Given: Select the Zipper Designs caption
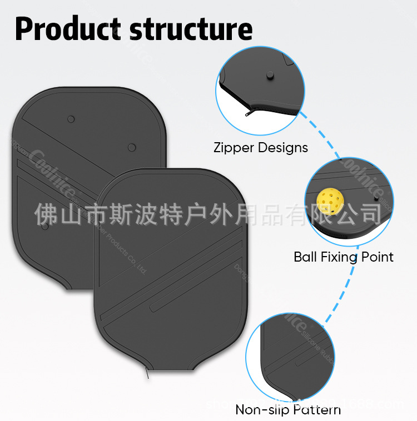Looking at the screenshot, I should coord(260,148).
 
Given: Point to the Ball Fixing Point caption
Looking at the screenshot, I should coord(343,257).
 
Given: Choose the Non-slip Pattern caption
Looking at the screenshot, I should coord(288,410).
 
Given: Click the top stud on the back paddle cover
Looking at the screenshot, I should coord(71,119).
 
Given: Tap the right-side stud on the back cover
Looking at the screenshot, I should coord(132,147).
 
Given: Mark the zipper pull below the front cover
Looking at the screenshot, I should coord(148,375).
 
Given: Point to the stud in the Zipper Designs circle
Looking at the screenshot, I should coord(270,76).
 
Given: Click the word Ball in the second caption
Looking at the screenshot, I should coord(305,257).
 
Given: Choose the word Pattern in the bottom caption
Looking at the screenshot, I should coord(314,410).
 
